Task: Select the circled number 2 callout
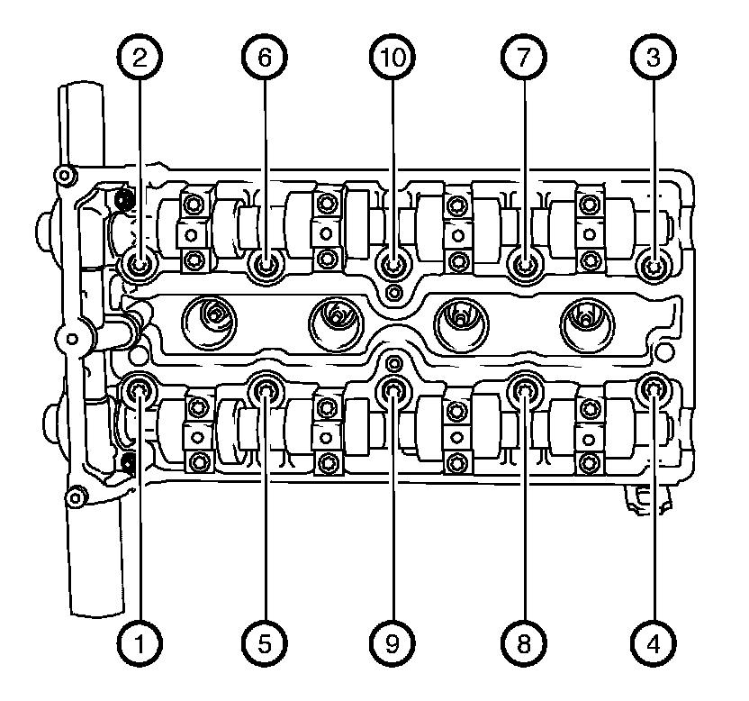139,58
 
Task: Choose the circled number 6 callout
265,58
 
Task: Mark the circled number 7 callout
523,58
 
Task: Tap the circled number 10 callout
393,58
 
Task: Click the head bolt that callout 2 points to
140,266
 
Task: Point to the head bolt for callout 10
393,266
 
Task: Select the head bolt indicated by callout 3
654,266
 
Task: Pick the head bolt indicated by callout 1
140,390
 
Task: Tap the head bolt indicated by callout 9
393,390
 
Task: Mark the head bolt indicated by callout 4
654,389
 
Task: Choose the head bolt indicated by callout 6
266,266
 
